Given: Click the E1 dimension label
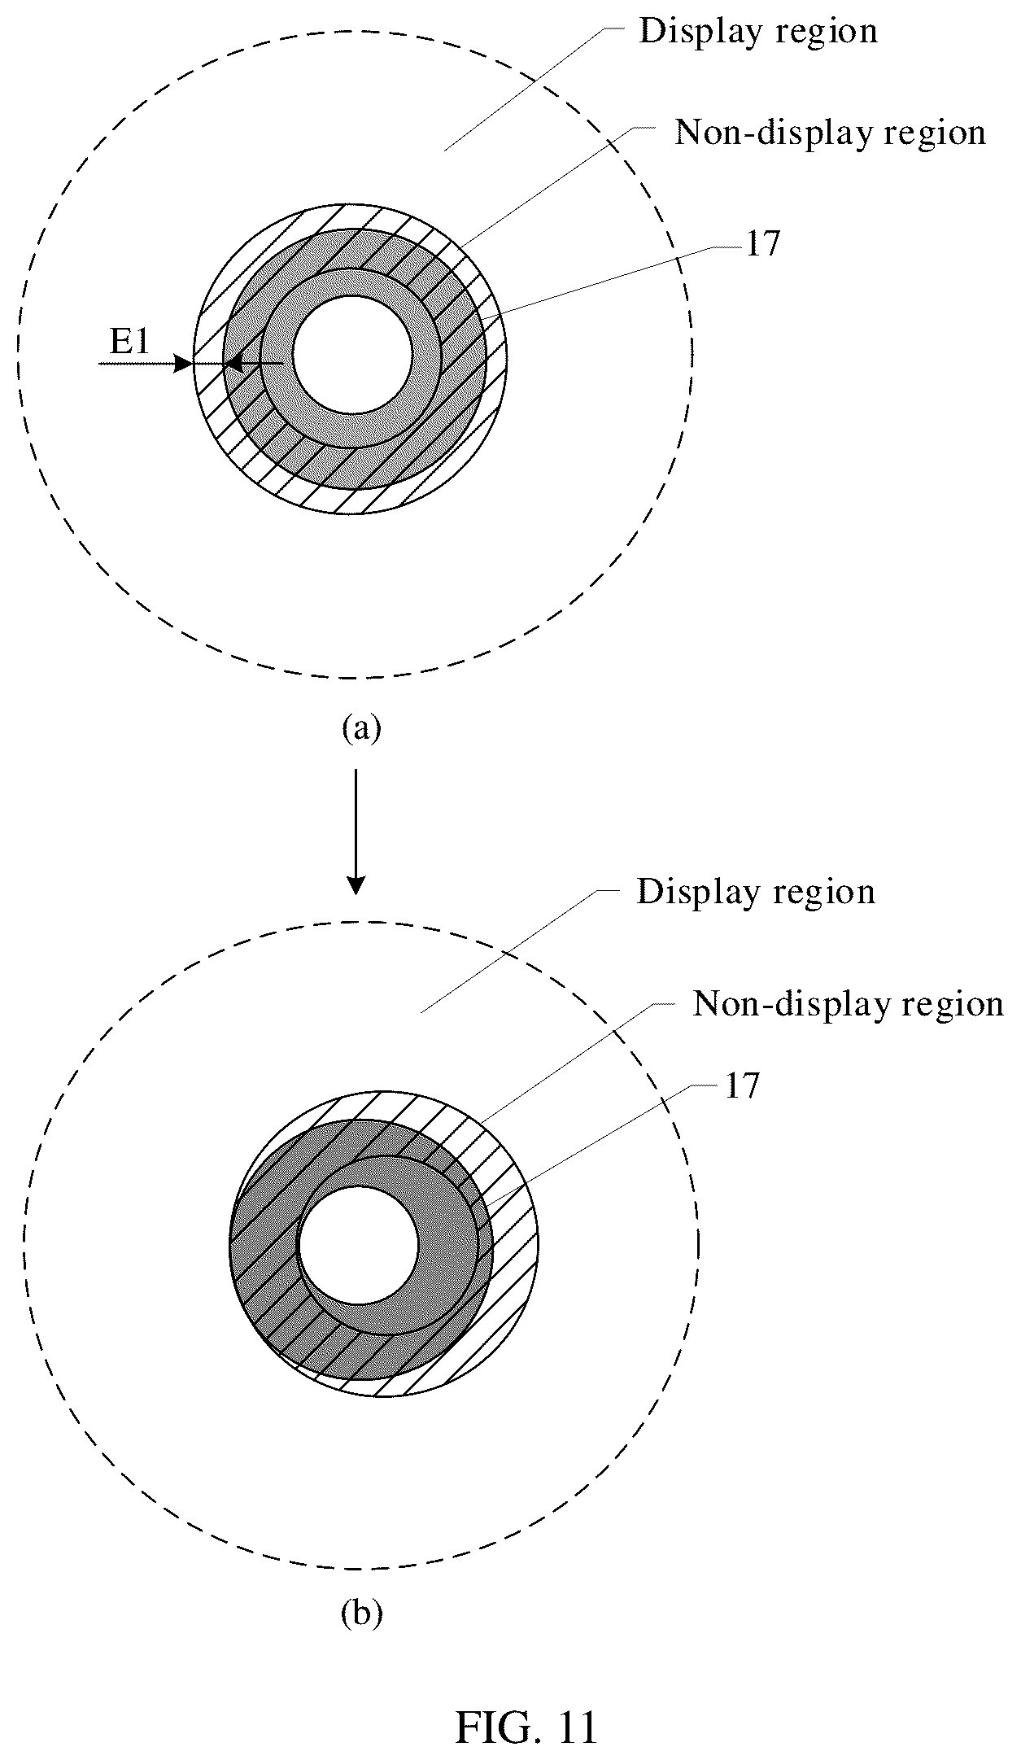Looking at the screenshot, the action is [x=130, y=343].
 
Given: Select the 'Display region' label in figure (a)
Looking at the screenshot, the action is [x=758, y=32].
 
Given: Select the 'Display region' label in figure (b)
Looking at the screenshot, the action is [x=756, y=892].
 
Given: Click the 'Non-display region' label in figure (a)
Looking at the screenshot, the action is [x=831, y=132].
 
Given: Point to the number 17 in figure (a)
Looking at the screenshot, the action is [x=762, y=245].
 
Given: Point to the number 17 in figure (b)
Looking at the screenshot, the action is [x=741, y=1086].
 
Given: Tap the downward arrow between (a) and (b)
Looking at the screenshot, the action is [x=356, y=832].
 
